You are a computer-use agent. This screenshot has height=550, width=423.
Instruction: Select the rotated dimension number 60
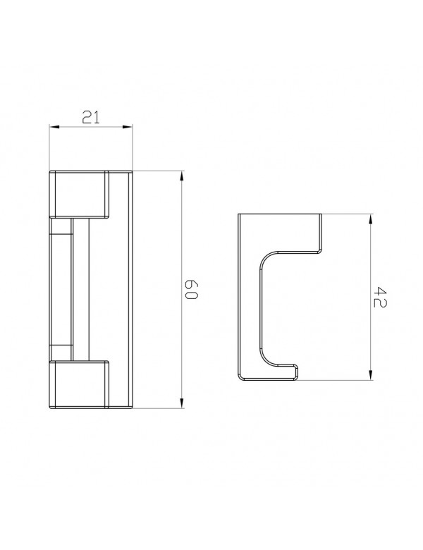(x=191, y=290)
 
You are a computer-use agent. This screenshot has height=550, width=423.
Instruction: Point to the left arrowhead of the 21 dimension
(x=53, y=128)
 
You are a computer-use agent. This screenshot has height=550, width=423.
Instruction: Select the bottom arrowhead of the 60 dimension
(x=182, y=404)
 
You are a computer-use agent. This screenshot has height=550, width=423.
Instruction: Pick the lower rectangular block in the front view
(x=79, y=385)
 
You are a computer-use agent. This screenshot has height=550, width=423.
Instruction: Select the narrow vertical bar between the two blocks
(x=80, y=289)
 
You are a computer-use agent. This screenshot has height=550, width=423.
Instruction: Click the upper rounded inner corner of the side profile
(x=268, y=257)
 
